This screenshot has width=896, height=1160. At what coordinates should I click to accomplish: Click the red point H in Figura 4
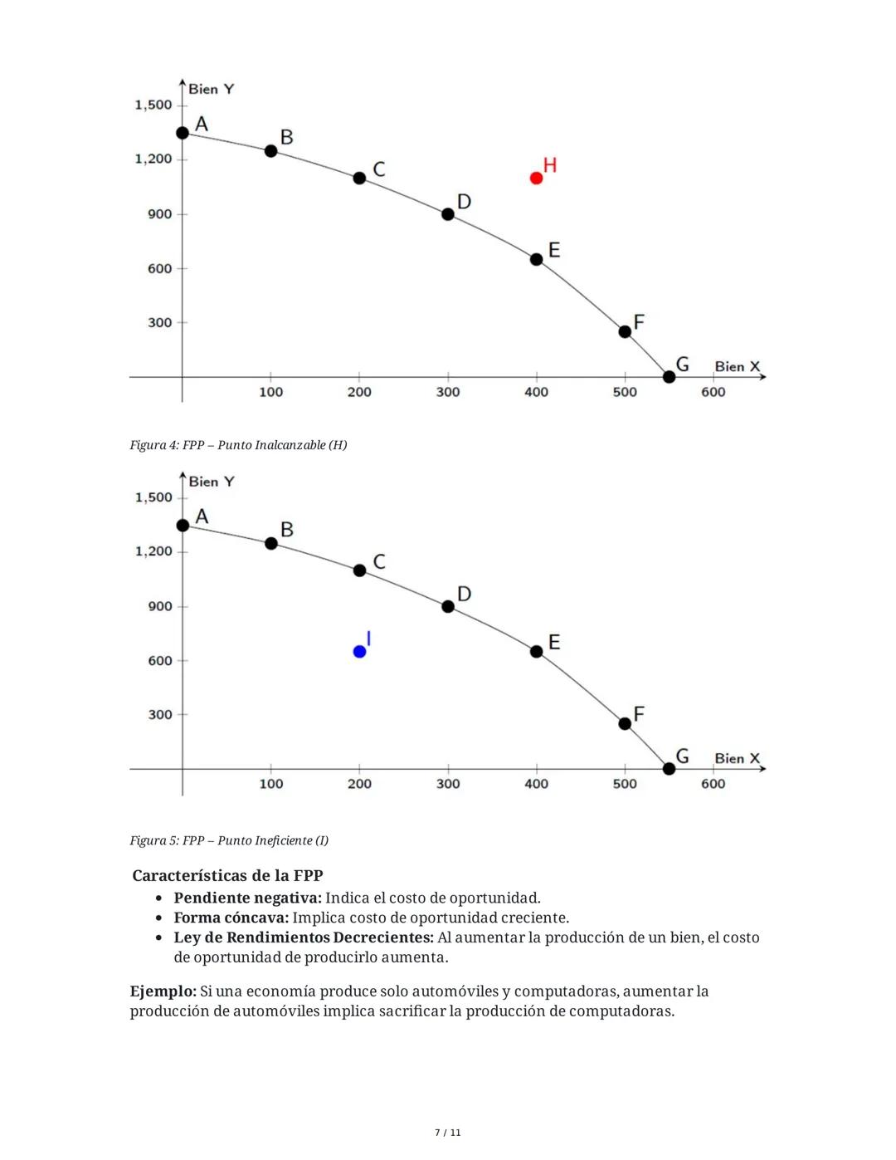pos(536,178)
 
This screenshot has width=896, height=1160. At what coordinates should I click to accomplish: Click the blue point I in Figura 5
pos(359,652)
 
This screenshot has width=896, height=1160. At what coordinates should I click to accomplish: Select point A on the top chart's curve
pos(183,133)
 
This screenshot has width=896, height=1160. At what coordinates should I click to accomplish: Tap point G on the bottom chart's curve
pos(670,769)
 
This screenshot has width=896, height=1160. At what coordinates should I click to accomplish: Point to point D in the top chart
pos(448,214)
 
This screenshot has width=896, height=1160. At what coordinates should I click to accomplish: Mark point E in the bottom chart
pos(536,652)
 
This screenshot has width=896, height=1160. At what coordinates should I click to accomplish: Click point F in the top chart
pos(625,331)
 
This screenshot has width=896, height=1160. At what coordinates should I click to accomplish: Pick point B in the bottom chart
pos(270,543)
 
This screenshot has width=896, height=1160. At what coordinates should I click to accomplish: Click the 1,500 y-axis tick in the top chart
pos(153,105)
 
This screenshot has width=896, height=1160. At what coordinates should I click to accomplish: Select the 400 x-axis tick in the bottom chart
pos(536,784)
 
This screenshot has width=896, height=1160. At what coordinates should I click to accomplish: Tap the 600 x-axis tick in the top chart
pos(713,392)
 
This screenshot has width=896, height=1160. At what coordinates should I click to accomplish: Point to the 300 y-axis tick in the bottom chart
pos(160,715)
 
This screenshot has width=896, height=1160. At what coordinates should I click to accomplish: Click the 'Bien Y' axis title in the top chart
pos(212,89)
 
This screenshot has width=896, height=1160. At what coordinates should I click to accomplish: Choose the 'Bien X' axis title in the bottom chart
pos(737,758)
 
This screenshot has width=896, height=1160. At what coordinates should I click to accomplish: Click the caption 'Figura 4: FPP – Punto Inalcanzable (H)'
pos(238,445)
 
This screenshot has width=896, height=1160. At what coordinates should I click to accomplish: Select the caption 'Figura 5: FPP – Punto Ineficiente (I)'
pos(229,840)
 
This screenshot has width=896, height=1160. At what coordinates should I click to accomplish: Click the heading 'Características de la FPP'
pos(227,875)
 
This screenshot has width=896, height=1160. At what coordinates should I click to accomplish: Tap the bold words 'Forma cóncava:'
pos(231,918)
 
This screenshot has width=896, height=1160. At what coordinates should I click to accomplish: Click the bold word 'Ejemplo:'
pos(163,991)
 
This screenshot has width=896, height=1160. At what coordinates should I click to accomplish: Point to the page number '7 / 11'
pos(448,1133)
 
